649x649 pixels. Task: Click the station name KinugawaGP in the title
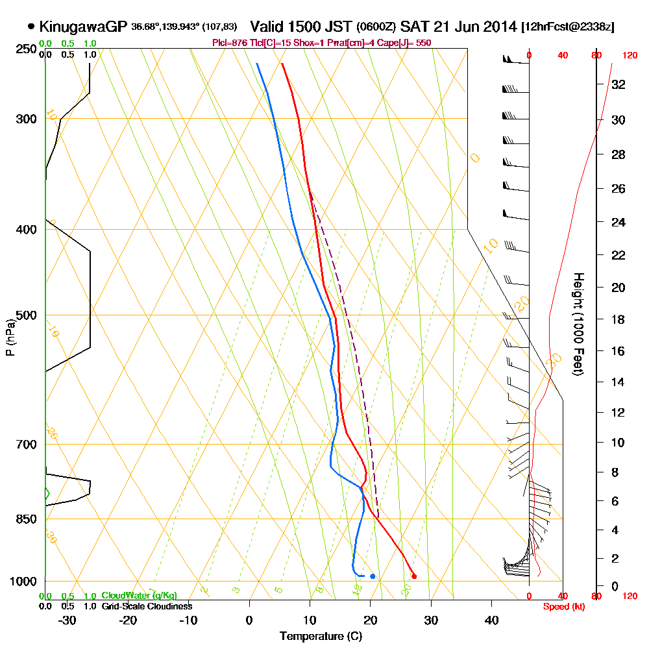point(83,27)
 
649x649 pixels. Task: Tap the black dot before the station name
point(31,27)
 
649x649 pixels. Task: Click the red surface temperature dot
point(414,576)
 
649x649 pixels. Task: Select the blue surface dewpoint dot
point(373,576)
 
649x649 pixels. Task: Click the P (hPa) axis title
point(9,337)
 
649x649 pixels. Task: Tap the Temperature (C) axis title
point(321,636)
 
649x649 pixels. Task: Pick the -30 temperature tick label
point(67,620)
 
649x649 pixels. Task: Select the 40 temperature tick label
point(491,620)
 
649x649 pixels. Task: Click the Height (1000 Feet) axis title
point(578,323)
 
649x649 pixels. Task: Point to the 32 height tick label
point(618,84)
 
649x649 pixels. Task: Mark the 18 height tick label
point(618,319)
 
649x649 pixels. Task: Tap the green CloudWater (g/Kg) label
point(139,596)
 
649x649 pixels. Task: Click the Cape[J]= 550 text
point(404,43)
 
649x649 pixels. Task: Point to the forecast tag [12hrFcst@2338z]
point(568,27)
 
